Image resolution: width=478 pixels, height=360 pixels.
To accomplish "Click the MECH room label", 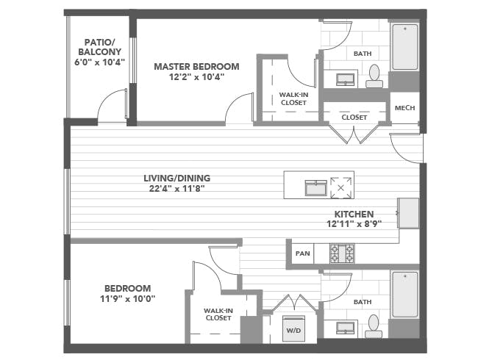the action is [x=404, y=108].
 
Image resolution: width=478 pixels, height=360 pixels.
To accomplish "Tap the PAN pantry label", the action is [x=302, y=253].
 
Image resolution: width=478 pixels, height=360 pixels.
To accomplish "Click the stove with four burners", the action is [x=342, y=253].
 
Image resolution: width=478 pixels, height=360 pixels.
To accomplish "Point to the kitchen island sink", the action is [x=316, y=188].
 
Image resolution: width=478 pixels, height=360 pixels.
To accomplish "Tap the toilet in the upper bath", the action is [x=374, y=76].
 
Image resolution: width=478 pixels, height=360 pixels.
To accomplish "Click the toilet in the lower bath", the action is [x=374, y=326].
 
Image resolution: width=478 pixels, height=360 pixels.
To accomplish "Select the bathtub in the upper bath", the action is [x=405, y=47].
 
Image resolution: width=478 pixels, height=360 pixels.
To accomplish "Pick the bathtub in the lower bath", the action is [x=405, y=295].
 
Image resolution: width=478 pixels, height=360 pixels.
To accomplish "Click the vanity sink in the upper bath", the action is [x=346, y=80].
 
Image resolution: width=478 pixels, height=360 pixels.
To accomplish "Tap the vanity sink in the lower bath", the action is [x=346, y=328].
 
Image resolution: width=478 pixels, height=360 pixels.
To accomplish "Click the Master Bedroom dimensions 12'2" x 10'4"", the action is [x=196, y=77].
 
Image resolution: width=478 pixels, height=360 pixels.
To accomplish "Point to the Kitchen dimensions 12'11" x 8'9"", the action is [x=354, y=224].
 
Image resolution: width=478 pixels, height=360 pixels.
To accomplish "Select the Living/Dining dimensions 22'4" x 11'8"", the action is [x=176, y=189].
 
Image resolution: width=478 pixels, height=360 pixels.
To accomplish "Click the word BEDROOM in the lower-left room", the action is [x=128, y=288].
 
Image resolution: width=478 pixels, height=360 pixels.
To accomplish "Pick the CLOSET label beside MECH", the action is [x=354, y=118].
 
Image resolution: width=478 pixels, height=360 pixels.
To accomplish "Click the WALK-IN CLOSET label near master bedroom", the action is [x=293, y=98].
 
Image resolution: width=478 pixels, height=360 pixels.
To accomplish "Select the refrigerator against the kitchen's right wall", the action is [x=408, y=213].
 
